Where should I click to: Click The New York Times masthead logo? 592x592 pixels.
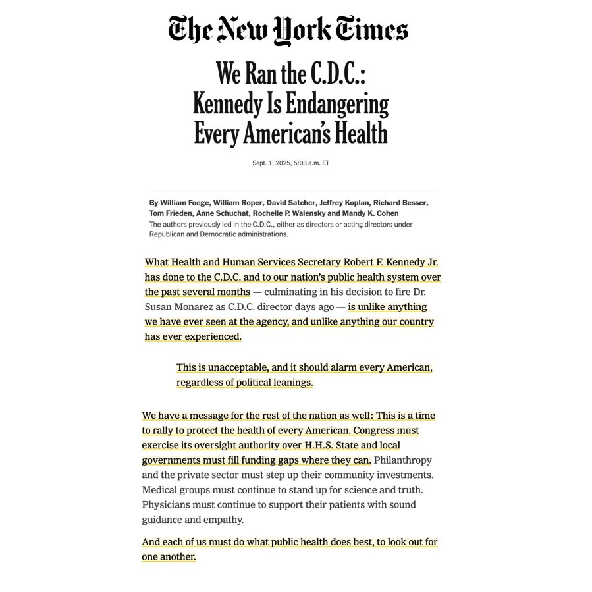coord(288,30)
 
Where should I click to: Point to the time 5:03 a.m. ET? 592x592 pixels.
coord(311,163)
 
